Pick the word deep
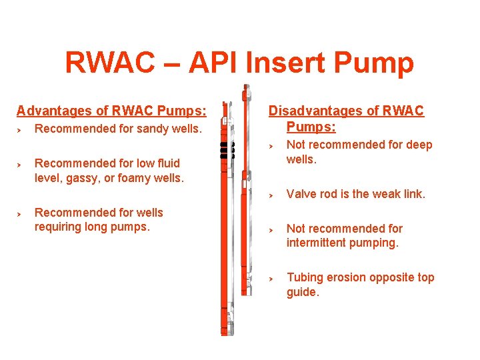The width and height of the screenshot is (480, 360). [419, 145]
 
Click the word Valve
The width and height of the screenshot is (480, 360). [301, 194]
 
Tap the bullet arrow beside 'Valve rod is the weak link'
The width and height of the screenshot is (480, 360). [271, 195]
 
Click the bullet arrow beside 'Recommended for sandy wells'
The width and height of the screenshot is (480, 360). [20, 129]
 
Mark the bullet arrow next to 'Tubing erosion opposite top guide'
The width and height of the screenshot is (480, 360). [271, 278]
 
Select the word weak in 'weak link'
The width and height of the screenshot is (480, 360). [389, 194]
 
